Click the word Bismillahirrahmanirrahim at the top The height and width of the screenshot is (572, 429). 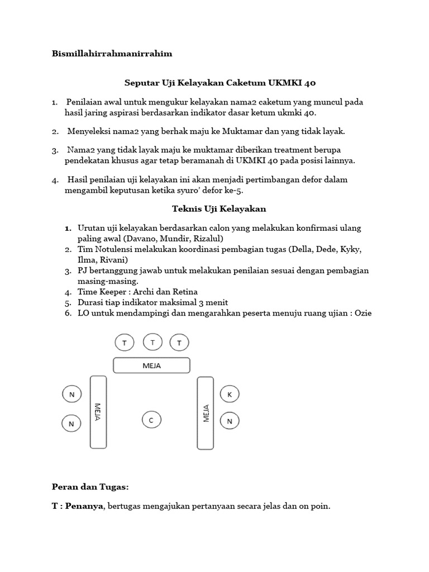tap(112, 54)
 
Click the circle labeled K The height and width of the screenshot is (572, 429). tap(229, 394)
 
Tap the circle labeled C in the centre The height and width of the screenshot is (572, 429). tap(151, 420)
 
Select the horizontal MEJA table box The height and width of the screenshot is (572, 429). tap(151, 365)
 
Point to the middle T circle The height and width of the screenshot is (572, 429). tap(152, 341)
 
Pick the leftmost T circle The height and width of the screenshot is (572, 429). tap(124, 342)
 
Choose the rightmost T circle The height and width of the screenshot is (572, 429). tap(179, 342)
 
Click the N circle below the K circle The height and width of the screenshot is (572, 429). tap(229, 420)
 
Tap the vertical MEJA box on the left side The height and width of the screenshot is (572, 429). tap(98, 412)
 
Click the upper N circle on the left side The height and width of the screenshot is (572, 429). tap(71, 394)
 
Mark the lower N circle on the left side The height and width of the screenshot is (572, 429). tap(71, 423)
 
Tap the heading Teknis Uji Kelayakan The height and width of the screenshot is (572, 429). tap(218, 209)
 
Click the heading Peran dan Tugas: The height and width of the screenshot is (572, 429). tap(90, 487)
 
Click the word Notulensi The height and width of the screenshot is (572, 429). tap(113, 249)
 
